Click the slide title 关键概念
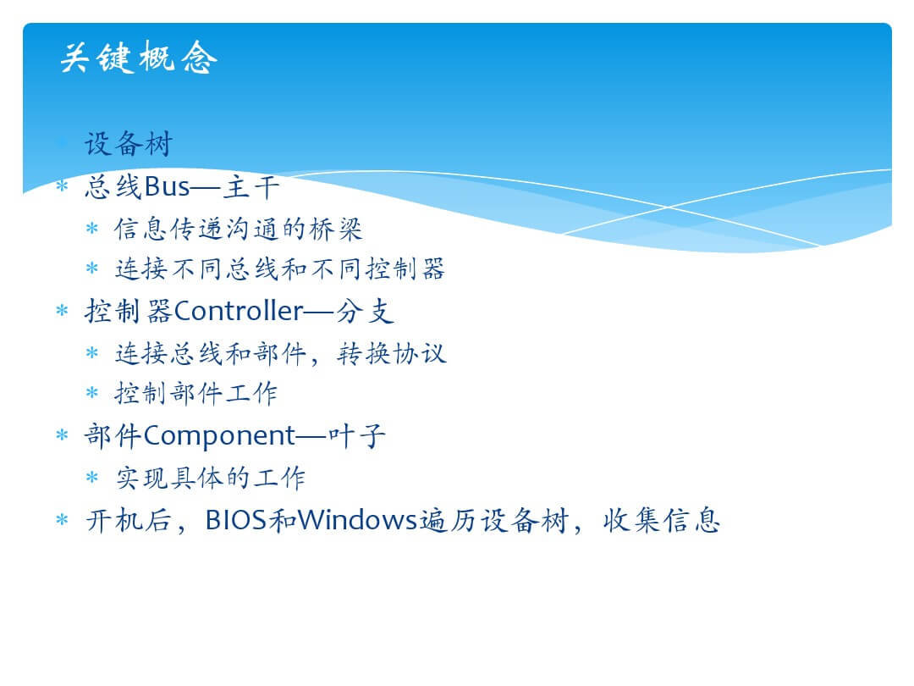(139, 58)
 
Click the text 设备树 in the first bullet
(129, 143)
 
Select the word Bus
(167, 186)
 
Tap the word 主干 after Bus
(252, 186)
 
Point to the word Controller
(239, 310)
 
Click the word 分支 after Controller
(365, 311)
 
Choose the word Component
(219, 436)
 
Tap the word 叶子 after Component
(357, 435)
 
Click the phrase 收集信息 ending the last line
(662, 520)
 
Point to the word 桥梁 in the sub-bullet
(336, 229)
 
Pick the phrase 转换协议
(392, 353)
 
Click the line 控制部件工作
(195, 393)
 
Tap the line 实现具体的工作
(210, 478)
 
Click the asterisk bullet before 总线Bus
(62, 186)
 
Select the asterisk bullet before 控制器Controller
(62, 310)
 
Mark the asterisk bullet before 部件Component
(62, 434)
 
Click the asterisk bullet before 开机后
(62, 519)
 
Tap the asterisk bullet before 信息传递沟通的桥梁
(92, 228)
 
